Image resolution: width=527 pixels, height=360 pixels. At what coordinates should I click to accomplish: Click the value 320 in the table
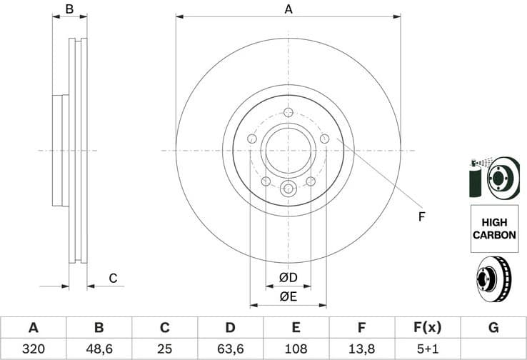(x=33, y=349)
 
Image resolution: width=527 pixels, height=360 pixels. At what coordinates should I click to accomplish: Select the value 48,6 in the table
(x=99, y=349)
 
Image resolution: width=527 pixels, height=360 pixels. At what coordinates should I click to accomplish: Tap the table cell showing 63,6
(x=230, y=349)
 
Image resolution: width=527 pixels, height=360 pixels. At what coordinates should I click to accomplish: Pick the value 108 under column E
(x=296, y=349)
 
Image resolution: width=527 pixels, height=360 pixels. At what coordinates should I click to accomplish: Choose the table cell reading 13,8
(x=362, y=349)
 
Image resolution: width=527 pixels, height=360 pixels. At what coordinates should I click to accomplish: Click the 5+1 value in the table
(x=428, y=349)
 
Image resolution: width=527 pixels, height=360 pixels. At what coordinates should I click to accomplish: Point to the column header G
(x=493, y=328)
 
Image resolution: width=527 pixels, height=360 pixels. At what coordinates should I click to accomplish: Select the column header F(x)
(x=428, y=328)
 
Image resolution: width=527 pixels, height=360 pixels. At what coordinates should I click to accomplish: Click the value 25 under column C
(x=164, y=349)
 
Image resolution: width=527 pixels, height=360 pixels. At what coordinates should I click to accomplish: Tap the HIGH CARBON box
(x=493, y=229)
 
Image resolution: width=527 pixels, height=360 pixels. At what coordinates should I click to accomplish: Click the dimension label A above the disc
(x=288, y=9)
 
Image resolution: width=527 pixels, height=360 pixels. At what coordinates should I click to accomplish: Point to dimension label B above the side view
(x=70, y=9)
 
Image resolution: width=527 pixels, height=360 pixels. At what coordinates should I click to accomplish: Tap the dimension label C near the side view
(x=112, y=279)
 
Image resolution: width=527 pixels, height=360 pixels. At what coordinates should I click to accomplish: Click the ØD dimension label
(x=288, y=277)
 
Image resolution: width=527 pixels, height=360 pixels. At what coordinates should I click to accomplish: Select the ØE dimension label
(x=288, y=296)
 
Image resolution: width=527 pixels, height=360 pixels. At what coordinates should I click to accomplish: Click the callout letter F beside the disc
(x=421, y=216)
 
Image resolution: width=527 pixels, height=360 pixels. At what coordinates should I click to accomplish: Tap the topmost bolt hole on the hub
(x=288, y=113)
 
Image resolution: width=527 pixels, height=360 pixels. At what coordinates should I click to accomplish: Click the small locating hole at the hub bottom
(x=288, y=189)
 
